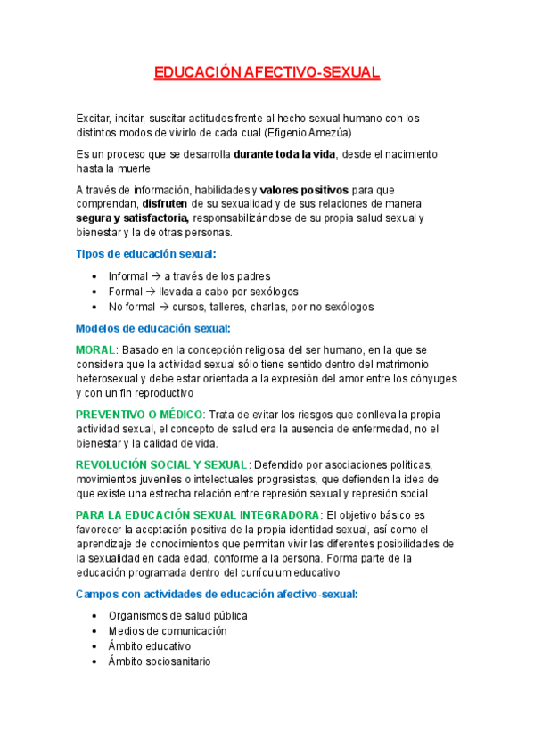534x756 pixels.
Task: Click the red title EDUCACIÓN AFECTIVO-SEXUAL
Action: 267,73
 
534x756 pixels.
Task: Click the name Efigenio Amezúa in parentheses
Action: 308,133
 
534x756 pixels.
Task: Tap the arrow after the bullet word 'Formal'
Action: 150,292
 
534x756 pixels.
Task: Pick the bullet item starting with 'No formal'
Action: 241,307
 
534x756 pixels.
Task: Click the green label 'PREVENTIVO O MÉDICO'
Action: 140,415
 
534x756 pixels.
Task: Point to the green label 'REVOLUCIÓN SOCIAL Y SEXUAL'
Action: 161,464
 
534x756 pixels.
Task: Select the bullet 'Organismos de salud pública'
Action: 177,616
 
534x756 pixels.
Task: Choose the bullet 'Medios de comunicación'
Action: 168,631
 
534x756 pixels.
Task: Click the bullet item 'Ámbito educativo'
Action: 150,646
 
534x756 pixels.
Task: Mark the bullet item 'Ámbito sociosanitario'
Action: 160,661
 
